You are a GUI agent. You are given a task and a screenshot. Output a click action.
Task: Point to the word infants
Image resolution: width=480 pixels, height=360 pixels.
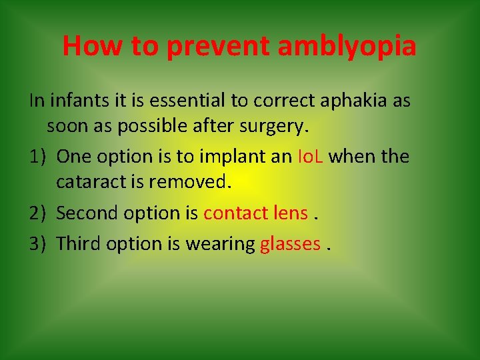(79, 101)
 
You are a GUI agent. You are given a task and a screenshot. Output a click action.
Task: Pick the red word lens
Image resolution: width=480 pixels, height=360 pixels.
(291, 213)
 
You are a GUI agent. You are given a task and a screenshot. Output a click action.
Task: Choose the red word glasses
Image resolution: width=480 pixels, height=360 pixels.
(291, 244)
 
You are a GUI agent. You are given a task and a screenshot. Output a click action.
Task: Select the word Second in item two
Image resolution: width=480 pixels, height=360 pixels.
(84, 213)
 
